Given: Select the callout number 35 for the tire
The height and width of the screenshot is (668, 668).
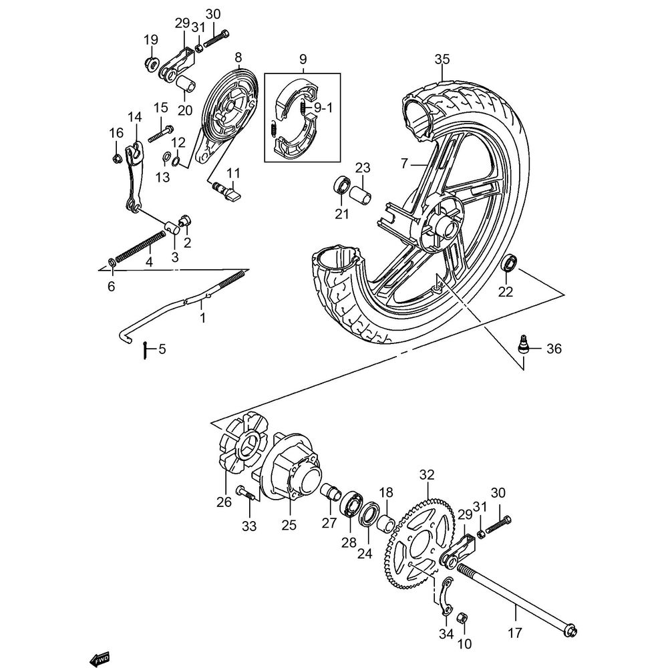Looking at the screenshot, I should tap(442, 59).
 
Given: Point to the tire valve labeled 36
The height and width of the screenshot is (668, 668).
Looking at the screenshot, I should tap(525, 345).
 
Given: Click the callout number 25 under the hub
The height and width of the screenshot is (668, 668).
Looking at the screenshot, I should tap(289, 525).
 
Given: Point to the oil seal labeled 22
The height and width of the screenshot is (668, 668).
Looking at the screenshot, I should tap(509, 263).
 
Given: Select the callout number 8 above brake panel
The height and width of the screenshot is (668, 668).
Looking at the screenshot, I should tap(238, 57).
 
